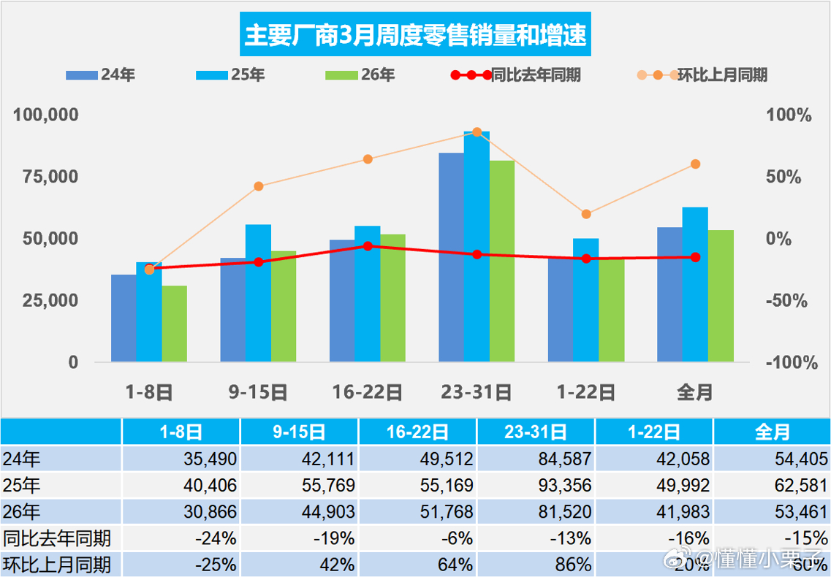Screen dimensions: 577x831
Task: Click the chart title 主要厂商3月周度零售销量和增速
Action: coord(414,35)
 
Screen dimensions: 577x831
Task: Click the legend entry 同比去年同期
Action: coord(515,74)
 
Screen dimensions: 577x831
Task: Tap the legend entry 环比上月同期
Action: coord(702,74)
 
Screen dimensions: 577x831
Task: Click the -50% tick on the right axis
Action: coord(788,301)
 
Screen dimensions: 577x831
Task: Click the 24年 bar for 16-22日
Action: coord(342,300)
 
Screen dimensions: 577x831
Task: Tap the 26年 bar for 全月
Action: coord(721,296)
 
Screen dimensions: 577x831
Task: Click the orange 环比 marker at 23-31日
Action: coord(477,132)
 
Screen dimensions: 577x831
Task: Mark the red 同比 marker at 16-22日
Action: coord(368,246)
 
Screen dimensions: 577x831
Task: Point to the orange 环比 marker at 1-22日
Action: coord(586,214)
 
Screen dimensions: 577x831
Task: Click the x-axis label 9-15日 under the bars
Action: coord(258,392)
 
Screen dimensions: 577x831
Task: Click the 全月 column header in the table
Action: coord(772,432)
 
